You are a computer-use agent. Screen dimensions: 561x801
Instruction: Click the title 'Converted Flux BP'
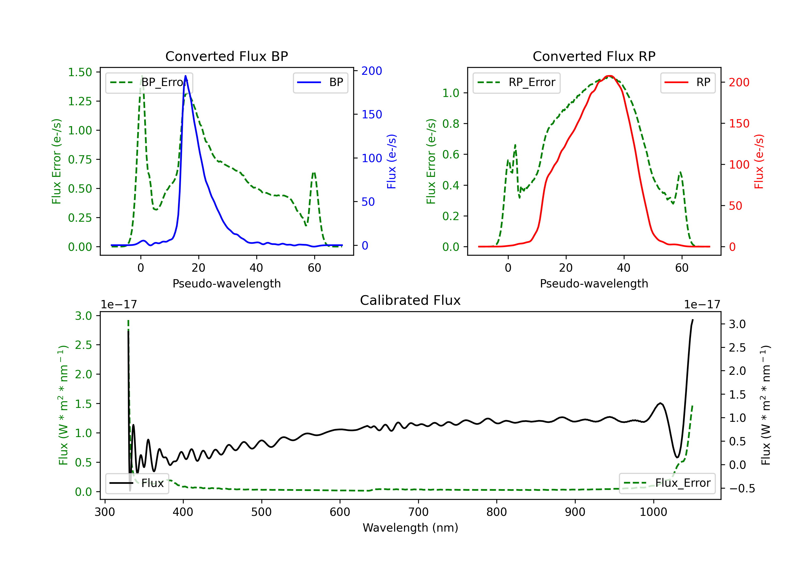point(226,56)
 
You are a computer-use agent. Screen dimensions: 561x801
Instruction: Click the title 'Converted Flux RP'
point(594,56)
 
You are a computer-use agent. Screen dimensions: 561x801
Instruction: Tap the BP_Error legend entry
point(149,82)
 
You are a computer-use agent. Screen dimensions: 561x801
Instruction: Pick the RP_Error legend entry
point(517,82)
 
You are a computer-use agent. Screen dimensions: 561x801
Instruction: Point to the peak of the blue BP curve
point(185,76)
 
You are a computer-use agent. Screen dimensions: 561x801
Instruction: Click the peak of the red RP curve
point(609,76)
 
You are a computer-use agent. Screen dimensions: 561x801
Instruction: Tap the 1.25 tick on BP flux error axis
point(80,101)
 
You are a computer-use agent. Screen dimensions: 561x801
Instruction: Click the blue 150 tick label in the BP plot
point(372,115)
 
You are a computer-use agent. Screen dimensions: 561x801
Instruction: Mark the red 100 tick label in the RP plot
point(739,164)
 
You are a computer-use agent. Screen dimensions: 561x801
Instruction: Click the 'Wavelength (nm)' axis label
point(410,528)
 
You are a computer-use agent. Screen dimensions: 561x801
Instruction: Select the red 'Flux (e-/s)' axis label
point(759,162)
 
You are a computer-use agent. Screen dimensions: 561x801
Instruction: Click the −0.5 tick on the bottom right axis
point(741,488)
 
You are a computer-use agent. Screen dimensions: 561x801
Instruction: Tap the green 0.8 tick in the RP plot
point(450,124)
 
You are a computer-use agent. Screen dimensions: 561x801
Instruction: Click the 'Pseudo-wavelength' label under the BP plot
point(226,283)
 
